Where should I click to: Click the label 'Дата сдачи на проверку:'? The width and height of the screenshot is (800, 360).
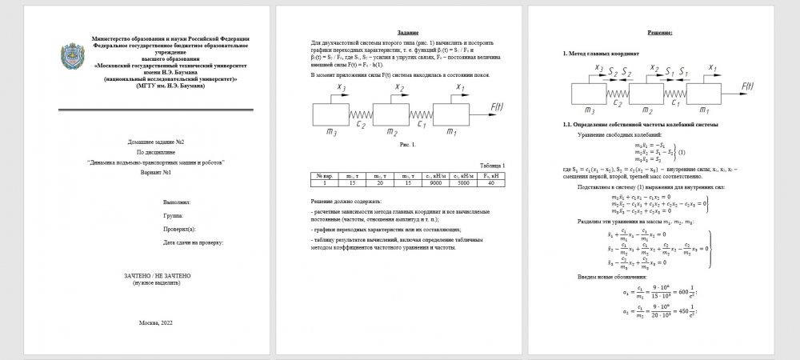coord(193,241)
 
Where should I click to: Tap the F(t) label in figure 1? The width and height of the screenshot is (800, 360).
coord(495,104)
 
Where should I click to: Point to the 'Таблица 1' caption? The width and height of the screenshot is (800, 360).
coord(491,164)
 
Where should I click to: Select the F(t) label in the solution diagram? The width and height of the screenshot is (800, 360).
coord(747,85)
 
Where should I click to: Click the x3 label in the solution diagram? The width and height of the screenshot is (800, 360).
coord(598,70)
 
